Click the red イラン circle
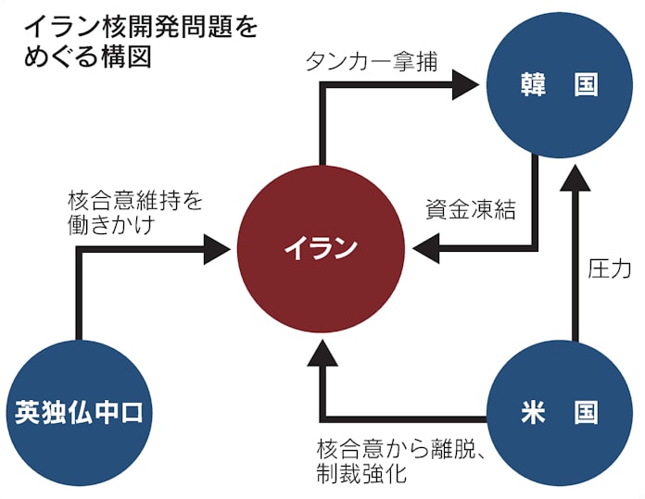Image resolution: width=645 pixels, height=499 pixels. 320,247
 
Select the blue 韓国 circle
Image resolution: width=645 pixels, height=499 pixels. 559,86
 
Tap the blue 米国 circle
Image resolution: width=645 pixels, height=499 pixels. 559,412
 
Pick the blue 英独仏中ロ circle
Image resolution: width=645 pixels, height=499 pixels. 80,413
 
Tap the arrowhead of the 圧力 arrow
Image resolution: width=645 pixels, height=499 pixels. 575,180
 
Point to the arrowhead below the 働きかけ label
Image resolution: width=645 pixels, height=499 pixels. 216,247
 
